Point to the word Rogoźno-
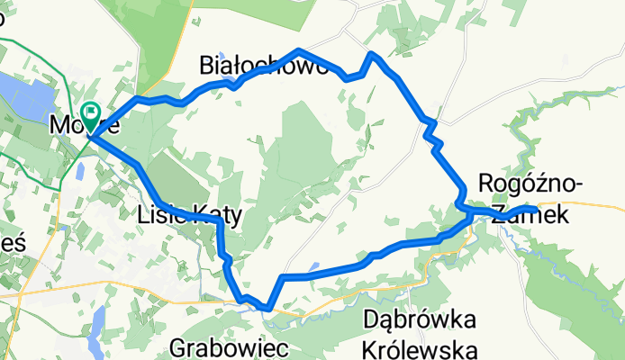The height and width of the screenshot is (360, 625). tap(531, 184)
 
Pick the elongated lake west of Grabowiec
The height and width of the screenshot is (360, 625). tap(96, 319)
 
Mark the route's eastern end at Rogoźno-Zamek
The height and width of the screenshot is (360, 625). tap(535, 210)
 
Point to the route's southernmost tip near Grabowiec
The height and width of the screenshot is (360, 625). tap(267, 308)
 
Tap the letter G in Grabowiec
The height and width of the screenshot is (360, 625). tap(178, 346)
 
